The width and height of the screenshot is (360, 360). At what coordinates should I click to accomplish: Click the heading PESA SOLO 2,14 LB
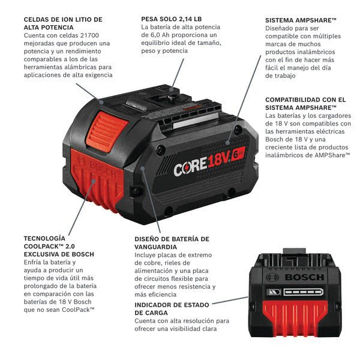171,19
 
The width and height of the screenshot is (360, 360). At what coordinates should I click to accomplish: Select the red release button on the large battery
107,131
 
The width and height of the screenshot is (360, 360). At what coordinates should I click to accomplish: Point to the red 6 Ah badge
238,154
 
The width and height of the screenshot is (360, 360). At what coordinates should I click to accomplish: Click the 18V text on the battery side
219,160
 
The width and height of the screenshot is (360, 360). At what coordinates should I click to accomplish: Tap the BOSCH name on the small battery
304,277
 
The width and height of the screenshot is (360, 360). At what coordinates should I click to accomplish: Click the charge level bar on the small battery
303,292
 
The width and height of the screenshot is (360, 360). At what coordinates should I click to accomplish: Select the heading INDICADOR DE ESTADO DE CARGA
172,309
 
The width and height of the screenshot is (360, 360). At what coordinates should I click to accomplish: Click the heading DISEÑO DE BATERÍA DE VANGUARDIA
172,243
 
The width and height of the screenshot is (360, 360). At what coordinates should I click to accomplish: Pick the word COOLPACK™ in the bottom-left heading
43,247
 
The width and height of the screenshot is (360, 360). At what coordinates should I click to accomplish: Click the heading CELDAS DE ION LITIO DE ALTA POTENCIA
63,23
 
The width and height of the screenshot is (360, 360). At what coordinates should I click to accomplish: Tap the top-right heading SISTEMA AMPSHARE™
301,20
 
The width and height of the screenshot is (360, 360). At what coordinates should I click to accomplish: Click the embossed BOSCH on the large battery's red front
103,169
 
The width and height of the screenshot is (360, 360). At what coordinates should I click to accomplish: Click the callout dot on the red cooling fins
93,181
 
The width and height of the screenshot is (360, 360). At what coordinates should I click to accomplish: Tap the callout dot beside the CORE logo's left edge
142,169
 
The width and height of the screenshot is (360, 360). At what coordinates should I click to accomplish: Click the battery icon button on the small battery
274,292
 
